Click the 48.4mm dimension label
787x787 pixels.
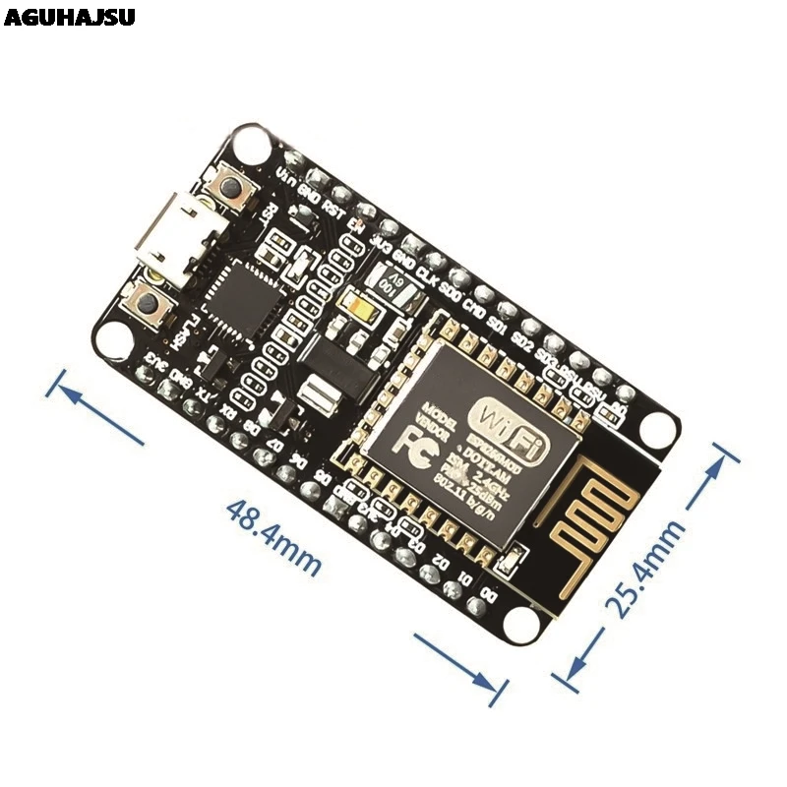[273, 537]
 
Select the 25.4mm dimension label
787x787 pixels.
[644, 568]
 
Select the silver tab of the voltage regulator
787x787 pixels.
[321, 397]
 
